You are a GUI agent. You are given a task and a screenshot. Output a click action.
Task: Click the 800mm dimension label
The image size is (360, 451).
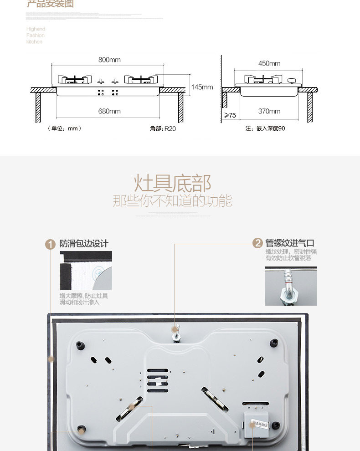point(109,60)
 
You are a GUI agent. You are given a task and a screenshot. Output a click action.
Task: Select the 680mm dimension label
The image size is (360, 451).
point(109,111)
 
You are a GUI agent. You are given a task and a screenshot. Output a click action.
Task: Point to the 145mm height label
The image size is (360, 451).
point(202,87)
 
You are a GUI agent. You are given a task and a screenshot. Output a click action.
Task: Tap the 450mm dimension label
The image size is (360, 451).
point(269,63)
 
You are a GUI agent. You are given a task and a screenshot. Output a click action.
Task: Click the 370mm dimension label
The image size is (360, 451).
point(269,111)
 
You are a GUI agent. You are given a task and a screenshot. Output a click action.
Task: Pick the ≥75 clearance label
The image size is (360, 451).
point(230,115)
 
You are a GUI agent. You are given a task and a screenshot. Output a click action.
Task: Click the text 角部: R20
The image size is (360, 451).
point(163,128)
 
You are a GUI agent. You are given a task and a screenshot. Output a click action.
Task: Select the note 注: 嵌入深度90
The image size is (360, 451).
point(265,128)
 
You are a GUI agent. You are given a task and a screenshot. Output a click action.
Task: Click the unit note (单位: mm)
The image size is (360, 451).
point(64,128)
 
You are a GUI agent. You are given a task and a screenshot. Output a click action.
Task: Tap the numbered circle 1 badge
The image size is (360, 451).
point(50,244)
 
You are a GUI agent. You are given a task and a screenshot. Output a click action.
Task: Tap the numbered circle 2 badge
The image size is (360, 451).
point(257,243)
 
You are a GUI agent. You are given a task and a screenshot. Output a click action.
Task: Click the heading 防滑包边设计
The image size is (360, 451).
point(84,244)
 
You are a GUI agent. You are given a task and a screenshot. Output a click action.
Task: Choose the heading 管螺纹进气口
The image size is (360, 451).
point(290,243)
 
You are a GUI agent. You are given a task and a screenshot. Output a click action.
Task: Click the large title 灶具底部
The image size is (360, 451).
point(172,183)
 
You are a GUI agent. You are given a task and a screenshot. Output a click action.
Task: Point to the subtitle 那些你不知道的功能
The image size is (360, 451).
point(172,200)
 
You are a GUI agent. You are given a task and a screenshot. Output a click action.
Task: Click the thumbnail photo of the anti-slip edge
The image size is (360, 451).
point(86,271)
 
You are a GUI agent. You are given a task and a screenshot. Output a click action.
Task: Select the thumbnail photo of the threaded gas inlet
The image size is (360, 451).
point(291,286)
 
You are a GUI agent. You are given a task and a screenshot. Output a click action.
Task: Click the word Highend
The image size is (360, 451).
point(36,29)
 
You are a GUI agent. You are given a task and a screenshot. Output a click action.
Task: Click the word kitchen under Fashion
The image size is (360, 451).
point(34,42)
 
